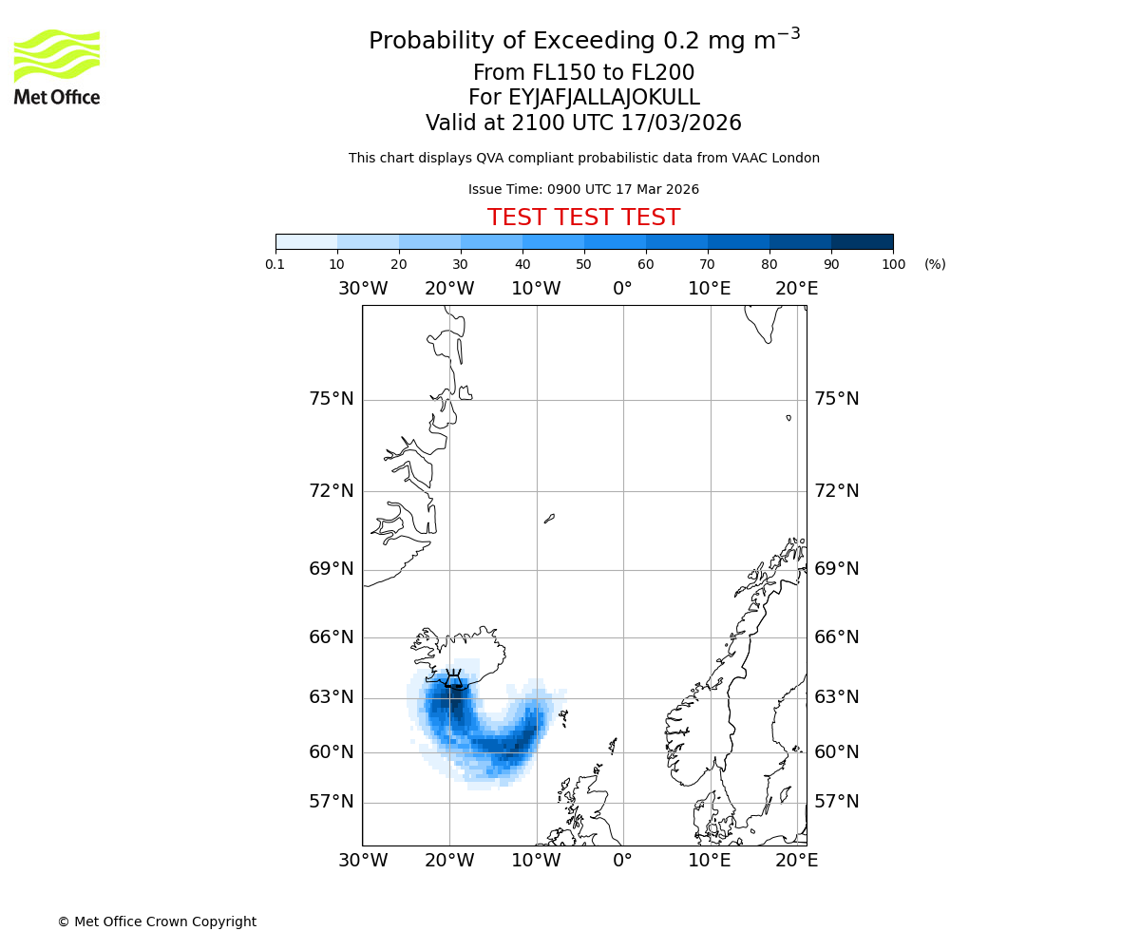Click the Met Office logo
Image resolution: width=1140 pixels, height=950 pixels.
[x=57, y=66]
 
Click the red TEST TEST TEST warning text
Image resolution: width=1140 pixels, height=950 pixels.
[x=583, y=218]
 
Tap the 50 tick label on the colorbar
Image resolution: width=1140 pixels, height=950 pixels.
[x=583, y=264]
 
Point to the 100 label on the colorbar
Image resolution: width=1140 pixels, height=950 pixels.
[x=893, y=264]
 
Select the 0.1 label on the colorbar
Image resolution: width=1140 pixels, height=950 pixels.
[x=275, y=264]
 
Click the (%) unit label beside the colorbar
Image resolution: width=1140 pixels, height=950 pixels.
[x=935, y=264]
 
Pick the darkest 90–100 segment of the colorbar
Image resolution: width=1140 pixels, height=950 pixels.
[x=862, y=241]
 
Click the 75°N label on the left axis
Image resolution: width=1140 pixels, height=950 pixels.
[x=332, y=399]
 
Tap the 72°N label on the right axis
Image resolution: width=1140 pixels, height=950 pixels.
[x=837, y=491]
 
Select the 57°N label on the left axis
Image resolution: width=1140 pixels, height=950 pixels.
[x=332, y=802]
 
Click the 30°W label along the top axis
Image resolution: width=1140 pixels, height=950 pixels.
[x=362, y=289]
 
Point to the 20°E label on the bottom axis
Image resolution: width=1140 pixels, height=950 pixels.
[x=796, y=861]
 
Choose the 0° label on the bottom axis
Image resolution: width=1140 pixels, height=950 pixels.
[x=622, y=861]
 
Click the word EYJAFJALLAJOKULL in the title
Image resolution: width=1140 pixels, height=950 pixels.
[x=604, y=98]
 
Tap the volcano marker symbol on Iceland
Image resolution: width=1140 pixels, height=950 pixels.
[x=453, y=678]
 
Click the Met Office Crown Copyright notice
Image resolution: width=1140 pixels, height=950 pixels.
[x=157, y=921]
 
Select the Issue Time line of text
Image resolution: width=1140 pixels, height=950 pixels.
[x=583, y=190]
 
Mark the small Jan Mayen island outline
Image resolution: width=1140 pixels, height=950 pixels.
[x=549, y=519]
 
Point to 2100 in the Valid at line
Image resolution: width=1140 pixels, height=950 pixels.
[x=539, y=123]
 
